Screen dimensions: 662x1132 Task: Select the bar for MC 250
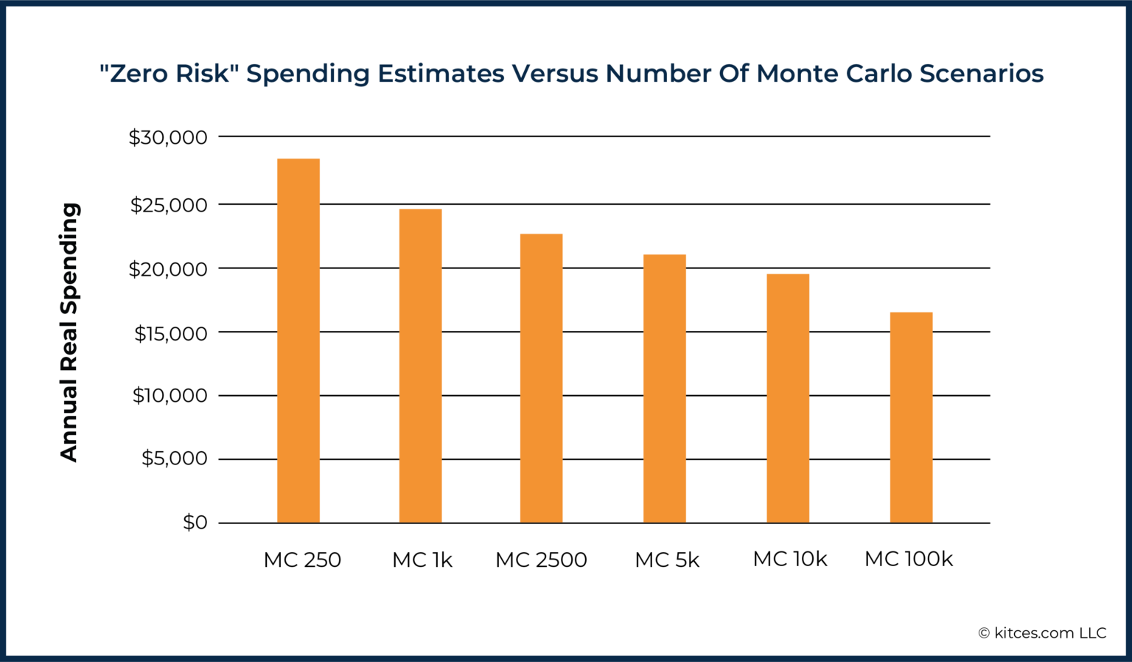pyautogui.click(x=298, y=341)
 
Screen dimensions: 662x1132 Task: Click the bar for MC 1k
pyautogui.click(x=421, y=366)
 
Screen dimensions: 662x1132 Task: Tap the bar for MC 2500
pyautogui.click(x=542, y=378)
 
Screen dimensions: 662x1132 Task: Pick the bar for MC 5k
pyautogui.click(x=665, y=389)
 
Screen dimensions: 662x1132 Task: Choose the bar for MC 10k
pyautogui.click(x=788, y=398)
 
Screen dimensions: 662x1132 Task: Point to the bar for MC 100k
pyautogui.click(x=911, y=417)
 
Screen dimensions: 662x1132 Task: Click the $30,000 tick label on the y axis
pyautogui.click(x=168, y=138)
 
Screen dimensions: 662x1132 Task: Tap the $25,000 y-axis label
pyautogui.click(x=169, y=205)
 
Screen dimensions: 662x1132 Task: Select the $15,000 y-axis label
pyautogui.click(x=170, y=334)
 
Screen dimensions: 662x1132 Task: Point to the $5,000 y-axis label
pyautogui.click(x=175, y=459)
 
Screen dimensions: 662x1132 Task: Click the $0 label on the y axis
pyautogui.click(x=195, y=523)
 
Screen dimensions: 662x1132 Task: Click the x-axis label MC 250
pyautogui.click(x=302, y=560)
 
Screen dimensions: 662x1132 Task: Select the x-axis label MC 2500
pyautogui.click(x=541, y=560)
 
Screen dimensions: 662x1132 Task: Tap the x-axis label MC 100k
pyautogui.click(x=909, y=560)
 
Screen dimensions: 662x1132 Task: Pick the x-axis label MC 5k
pyautogui.click(x=667, y=560)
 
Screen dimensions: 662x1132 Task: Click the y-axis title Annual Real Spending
pyautogui.click(x=69, y=332)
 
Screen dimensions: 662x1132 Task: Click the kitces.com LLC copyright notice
pyautogui.click(x=1042, y=633)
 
